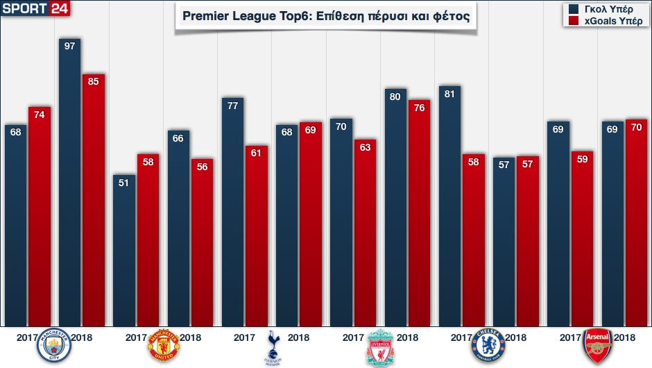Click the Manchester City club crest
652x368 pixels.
pyautogui.click(x=55, y=344)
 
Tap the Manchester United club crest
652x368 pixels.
pyautogui.click(x=164, y=345)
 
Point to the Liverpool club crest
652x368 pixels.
pyautogui.click(x=380, y=346)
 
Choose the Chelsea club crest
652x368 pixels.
pyautogui.click(x=489, y=345)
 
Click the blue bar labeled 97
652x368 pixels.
pyautogui.click(x=69, y=181)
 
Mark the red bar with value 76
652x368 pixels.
pyautogui.click(x=419, y=212)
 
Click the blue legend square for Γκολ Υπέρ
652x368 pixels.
pyautogui.click(x=573, y=10)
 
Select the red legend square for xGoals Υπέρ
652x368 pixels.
pyautogui.click(x=573, y=22)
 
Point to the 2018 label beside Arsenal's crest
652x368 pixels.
pyautogui.click(x=625, y=338)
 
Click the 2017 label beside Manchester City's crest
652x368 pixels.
pyautogui.click(x=28, y=338)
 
